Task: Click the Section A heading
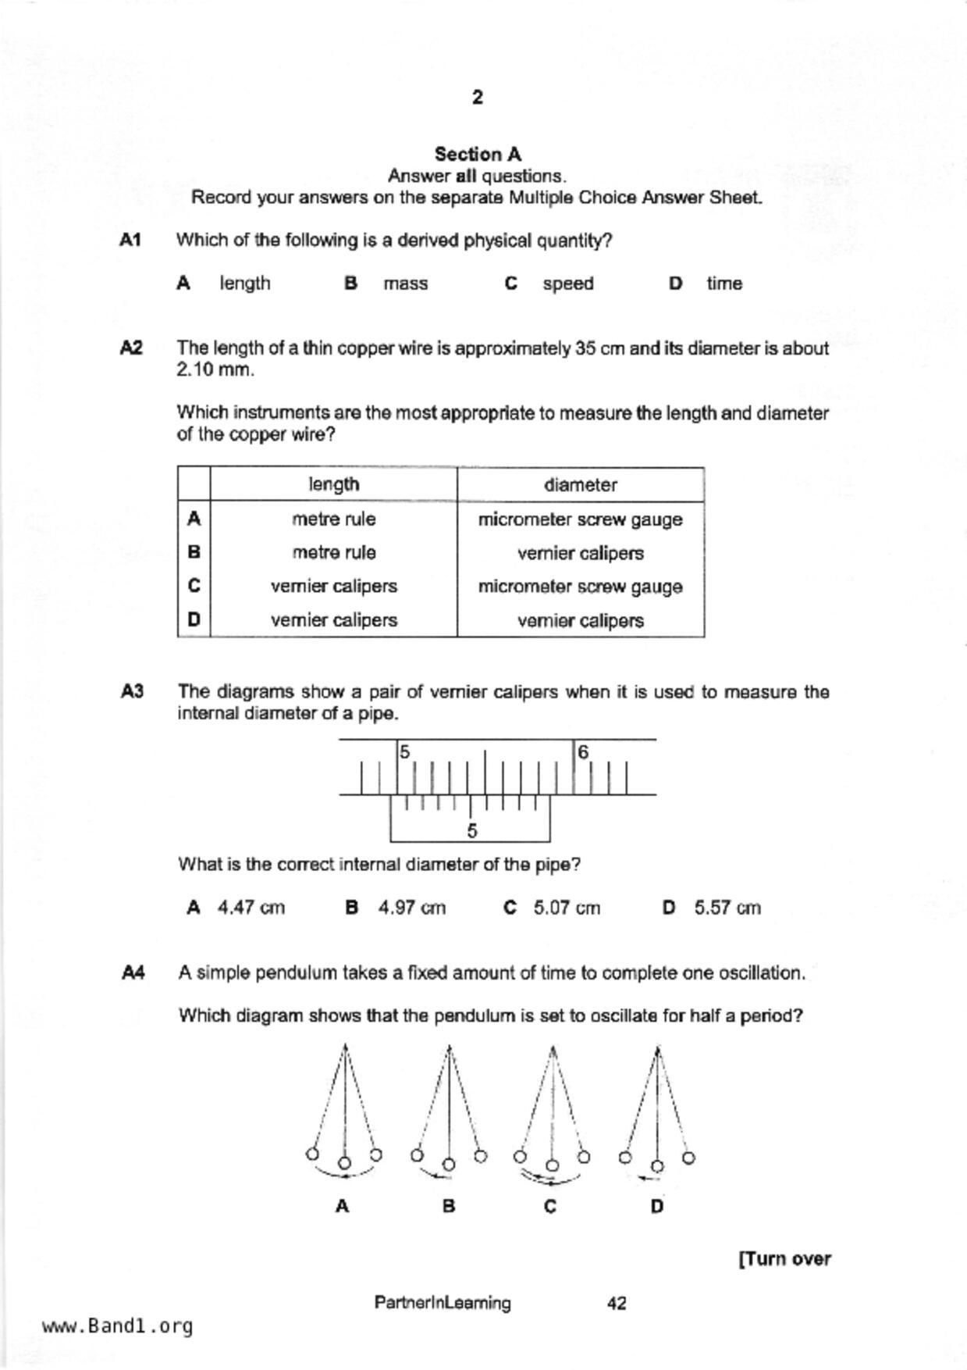tap(478, 154)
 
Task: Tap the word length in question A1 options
tap(244, 284)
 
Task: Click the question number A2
tap(131, 348)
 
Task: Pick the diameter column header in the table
tap(580, 485)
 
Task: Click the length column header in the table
tap(333, 485)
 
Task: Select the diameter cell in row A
tap(580, 519)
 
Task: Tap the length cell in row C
tap(333, 587)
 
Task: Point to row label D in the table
tap(194, 620)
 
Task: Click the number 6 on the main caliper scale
tap(583, 752)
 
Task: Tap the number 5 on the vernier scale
tap(471, 831)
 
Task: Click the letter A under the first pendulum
tap(342, 1207)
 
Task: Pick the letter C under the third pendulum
tap(550, 1207)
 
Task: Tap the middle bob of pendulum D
tap(657, 1167)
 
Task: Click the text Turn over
tap(784, 1259)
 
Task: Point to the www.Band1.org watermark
tap(117, 1326)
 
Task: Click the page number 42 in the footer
tap(616, 1303)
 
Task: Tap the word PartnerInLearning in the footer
tap(443, 1303)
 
